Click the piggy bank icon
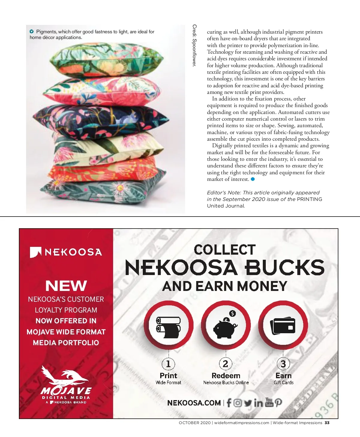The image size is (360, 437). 225,327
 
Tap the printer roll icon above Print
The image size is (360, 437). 169,327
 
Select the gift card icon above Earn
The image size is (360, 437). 283,326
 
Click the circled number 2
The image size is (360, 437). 225,364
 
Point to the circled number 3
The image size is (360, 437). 283,364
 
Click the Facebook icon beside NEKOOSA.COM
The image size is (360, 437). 229,403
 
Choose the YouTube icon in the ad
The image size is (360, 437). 269,403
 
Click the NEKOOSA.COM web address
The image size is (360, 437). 194,403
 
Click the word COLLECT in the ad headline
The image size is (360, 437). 225,250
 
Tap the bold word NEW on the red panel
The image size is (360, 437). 66,286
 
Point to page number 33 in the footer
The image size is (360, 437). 327,423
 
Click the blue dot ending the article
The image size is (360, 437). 253,179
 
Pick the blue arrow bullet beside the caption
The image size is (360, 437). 31,31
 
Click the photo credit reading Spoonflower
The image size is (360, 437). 194,46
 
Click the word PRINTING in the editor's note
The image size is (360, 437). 309,199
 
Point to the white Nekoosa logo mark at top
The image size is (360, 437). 35,252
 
